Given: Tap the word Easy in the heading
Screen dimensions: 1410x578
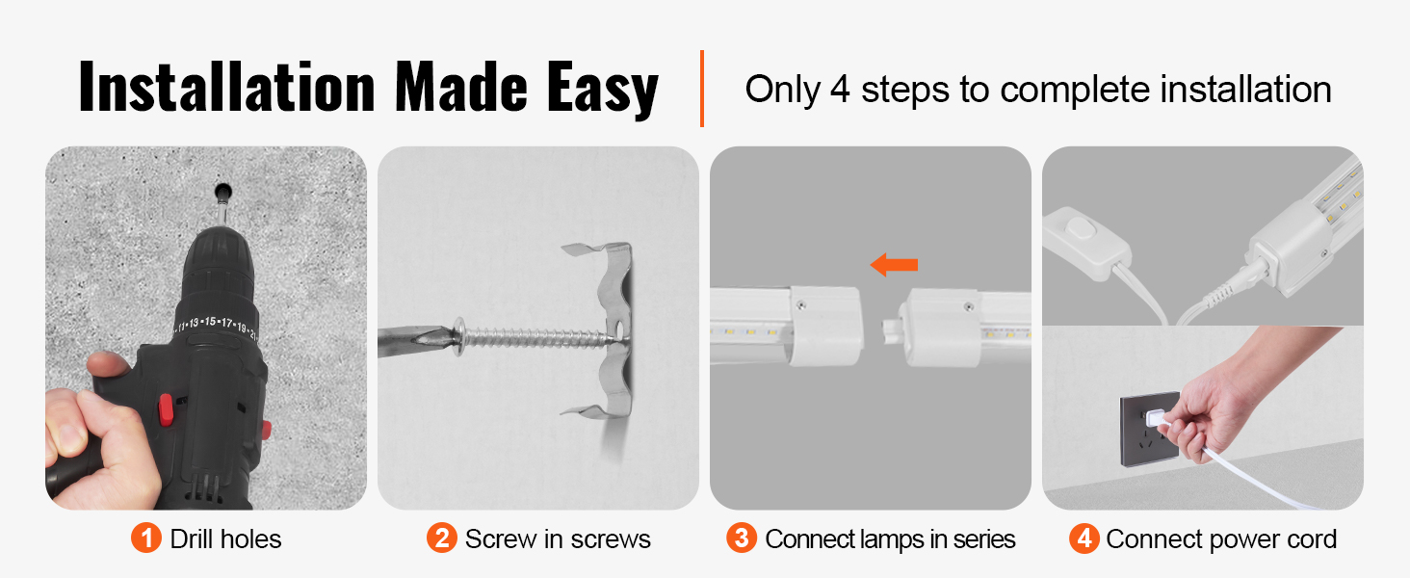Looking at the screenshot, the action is tap(602, 89).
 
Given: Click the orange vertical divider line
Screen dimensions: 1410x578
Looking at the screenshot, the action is tap(702, 89).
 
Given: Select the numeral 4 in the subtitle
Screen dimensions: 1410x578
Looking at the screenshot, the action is tap(840, 90).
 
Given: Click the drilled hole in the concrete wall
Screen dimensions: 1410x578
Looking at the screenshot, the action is tap(222, 191).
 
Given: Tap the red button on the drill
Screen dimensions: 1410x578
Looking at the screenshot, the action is tap(166, 409).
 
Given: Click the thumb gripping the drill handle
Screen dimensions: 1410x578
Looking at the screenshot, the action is tap(108, 364).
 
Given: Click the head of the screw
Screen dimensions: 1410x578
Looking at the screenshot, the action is tap(458, 336).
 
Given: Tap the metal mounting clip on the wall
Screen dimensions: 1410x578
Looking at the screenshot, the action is tap(602, 329).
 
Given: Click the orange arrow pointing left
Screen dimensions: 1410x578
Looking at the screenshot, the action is tap(894, 265).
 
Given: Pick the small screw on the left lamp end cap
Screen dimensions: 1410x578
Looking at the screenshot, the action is tap(800, 305).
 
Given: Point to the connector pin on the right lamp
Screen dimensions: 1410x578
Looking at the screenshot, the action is tap(891, 330).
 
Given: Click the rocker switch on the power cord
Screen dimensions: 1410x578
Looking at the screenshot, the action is tap(1081, 228).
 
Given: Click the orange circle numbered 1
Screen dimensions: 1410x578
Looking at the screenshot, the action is tap(146, 539).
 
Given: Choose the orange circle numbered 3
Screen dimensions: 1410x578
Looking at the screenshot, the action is tap(742, 539).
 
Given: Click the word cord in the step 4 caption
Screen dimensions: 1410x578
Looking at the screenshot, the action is tap(1312, 539).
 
